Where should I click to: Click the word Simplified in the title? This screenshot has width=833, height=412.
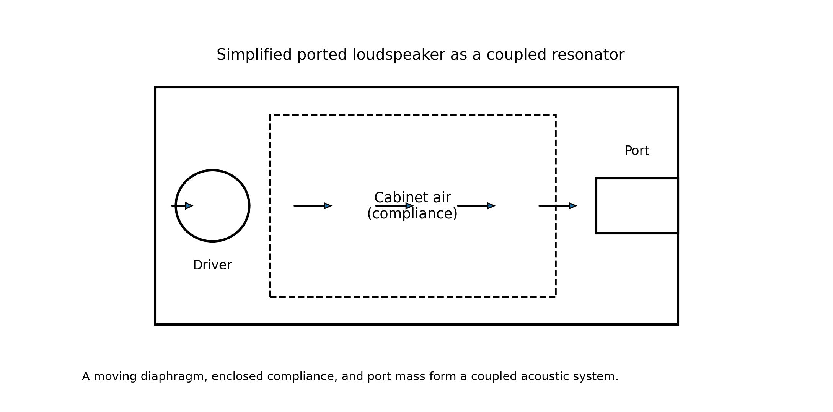254,55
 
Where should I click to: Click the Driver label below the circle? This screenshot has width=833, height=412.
212,265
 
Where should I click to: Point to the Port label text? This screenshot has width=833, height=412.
637,151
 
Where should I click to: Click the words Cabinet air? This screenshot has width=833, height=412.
412,198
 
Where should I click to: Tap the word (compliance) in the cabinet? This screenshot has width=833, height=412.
412,214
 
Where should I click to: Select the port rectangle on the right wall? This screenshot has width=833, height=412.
637,206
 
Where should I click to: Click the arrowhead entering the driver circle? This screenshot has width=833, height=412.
189,206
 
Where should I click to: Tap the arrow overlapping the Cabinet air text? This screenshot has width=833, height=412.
394,206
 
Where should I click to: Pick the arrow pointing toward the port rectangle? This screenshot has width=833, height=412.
558,206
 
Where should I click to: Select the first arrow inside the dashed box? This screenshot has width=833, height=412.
313,206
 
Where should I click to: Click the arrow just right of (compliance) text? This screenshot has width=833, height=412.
476,206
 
